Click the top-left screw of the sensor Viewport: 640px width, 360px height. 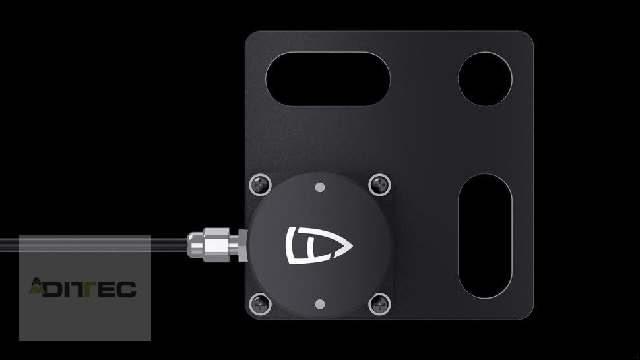click(x=261, y=185)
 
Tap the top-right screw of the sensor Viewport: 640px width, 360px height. click(x=379, y=185)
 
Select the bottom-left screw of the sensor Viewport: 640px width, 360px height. click(x=261, y=304)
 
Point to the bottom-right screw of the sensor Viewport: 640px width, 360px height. click(x=379, y=304)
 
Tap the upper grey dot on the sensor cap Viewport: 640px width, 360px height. click(x=320, y=187)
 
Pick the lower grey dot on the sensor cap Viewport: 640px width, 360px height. click(x=320, y=304)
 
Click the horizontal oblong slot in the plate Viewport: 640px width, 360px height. click(x=328, y=79)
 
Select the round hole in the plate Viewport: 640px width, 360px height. click(x=485, y=79)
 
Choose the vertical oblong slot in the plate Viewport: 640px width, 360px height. click(x=485, y=236)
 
